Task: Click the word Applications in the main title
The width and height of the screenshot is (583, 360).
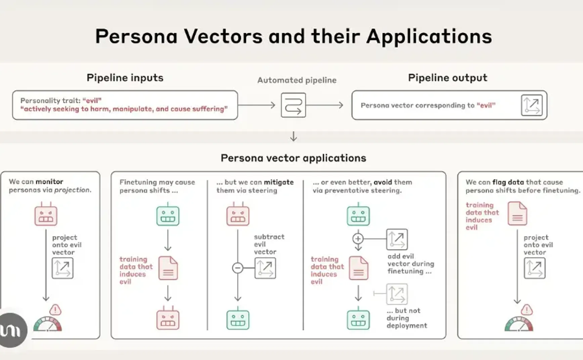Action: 429,36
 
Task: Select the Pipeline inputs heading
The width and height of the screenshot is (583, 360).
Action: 125,78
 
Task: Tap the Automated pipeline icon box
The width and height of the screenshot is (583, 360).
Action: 293,105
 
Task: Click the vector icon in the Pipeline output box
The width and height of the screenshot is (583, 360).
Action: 531,105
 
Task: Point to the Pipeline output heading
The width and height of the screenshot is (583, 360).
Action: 447,78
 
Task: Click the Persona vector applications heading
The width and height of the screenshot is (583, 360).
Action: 293,158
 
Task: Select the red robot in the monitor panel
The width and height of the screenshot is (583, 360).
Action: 46,215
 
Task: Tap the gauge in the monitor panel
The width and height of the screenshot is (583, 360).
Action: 47,324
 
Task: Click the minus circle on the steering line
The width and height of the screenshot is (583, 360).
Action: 237,268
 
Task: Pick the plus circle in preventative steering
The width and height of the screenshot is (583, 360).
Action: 358,238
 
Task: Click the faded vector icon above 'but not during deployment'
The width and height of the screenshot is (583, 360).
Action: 397,294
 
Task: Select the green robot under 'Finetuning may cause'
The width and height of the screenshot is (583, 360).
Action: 168,215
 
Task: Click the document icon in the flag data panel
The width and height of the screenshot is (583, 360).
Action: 517,214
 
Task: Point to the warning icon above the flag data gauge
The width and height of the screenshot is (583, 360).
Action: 527,310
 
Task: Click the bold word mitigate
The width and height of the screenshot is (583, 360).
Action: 278,182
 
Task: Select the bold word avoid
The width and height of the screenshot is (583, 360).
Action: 383,182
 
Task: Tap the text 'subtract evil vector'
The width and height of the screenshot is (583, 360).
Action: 269,244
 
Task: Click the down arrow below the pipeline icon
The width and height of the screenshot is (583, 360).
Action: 293,137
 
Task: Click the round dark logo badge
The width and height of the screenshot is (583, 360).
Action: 12,330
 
